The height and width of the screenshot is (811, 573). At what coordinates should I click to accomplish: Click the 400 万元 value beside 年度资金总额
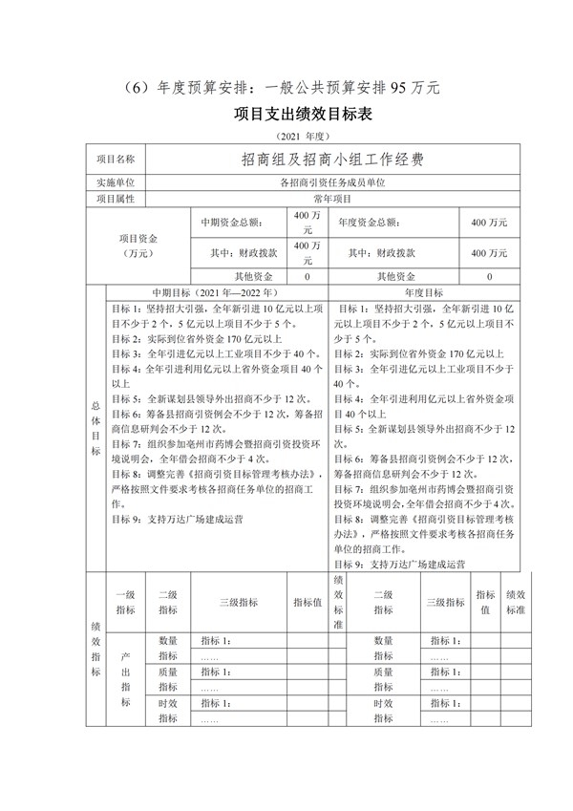click(x=489, y=222)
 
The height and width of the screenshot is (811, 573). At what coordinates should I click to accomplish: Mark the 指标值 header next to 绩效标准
click(x=485, y=602)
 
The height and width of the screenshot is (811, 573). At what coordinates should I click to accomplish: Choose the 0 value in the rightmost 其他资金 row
click(x=489, y=276)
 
